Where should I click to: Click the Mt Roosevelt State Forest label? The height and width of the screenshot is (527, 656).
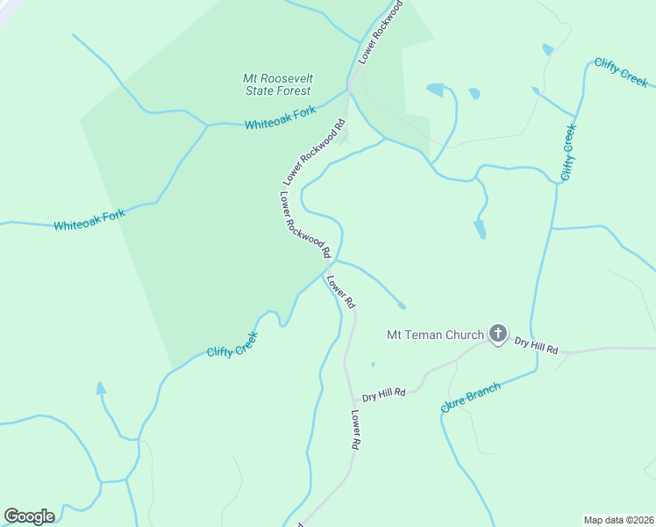(278, 84)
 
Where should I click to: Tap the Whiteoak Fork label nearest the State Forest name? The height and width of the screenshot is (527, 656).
(280, 119)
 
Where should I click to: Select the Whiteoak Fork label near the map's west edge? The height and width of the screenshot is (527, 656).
(89, 220)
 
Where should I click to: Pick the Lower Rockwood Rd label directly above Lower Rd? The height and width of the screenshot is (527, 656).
(304, 224)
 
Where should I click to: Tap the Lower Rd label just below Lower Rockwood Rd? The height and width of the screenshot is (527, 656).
(340, 292)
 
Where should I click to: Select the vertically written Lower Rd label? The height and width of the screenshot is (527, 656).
(356, 430)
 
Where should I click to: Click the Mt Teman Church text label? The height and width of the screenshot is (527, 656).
(435, 335)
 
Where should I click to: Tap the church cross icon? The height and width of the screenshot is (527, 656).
(498, 333)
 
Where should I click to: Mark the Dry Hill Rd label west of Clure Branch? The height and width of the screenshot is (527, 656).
(384, 394)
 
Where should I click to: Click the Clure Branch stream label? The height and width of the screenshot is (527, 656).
(471, 397)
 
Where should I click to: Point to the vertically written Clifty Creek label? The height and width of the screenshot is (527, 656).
(568, 152)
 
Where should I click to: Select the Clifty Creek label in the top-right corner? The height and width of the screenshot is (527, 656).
(621, 72)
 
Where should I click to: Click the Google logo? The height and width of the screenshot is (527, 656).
(29, 516)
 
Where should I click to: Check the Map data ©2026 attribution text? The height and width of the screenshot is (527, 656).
(617, 520)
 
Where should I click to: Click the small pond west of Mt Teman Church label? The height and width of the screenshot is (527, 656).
(373, 364)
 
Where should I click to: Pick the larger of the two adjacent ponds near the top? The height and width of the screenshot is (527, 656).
(435, 90)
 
